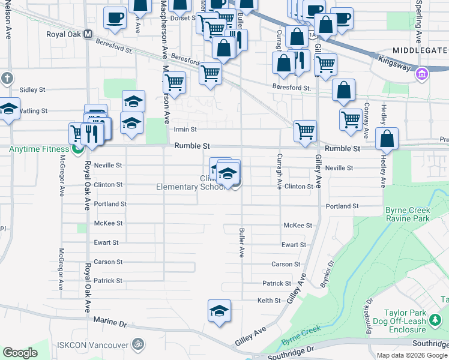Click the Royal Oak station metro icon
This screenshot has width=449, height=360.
click(88, 35)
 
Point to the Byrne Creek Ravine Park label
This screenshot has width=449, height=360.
click(416, 215)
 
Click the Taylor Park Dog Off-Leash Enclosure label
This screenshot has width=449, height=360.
click(415, 321)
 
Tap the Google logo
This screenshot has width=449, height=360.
click(20, 353)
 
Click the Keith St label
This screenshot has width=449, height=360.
click(269, 301)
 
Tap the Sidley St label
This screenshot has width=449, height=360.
click(32, 90)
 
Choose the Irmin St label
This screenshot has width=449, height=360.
click(185, 129)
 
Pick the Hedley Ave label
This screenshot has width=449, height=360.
click(382, 173)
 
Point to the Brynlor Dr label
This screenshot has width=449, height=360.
click(327, 274)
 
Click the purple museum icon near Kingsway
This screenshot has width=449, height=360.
click(423, 74)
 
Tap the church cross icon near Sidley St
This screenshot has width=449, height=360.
click(7, 78)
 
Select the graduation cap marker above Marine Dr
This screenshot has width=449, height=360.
click(219, 310)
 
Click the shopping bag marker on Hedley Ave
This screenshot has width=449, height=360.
click(387, 138)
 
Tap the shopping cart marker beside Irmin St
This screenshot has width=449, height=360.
click(305, 131)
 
